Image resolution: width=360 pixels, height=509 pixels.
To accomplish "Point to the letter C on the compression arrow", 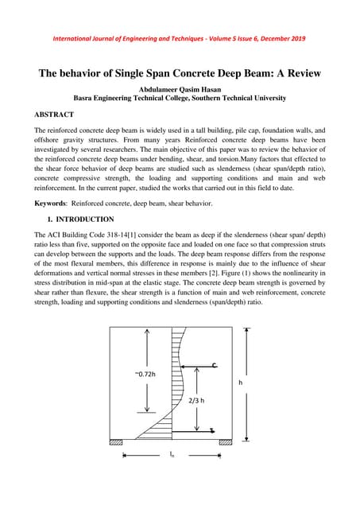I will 215,365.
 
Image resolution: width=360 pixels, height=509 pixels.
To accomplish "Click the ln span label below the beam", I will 172,454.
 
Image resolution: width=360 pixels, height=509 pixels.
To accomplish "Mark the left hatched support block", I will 116,442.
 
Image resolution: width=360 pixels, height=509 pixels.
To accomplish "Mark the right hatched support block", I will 226,442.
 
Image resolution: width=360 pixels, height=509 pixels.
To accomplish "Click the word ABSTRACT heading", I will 60,115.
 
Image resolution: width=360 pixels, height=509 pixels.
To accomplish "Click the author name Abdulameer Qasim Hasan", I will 180,89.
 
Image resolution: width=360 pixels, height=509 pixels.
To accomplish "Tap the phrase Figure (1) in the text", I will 246,281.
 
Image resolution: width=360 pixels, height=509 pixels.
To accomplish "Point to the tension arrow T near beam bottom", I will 212,430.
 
